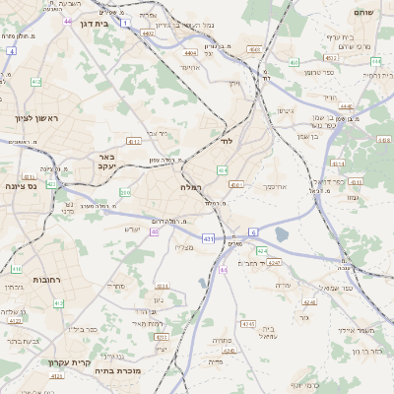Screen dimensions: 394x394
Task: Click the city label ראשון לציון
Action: coord(38,118)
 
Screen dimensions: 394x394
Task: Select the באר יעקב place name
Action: coord(107,161)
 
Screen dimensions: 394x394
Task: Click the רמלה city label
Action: coord(191,186)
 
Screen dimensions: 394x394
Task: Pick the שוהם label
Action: coord(365,12)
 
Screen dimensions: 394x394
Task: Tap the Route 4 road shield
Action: coord(10,49)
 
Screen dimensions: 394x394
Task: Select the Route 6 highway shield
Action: coord(252,231)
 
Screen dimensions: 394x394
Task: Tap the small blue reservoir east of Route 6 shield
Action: coord(283,233)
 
